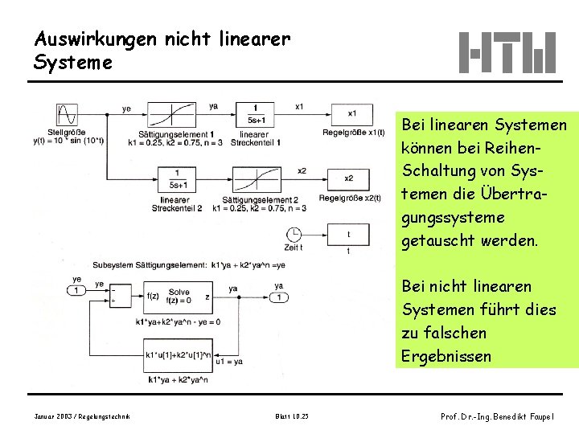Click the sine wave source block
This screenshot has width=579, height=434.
pos(67,114)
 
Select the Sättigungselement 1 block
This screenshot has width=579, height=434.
pos(175,114)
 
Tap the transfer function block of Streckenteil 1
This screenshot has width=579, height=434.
pos(255,114)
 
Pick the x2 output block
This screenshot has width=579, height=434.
pos(348,178)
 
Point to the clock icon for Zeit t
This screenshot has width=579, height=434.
pos(294,234)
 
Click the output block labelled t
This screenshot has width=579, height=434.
pos(348,234)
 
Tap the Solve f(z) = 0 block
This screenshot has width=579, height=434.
pos(179,297)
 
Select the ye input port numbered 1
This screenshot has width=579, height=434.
pos(76,290)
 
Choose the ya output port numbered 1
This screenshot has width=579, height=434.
pos(278,297)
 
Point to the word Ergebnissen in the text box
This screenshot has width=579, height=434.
pos(446,355)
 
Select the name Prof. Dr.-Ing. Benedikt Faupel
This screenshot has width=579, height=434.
pos(497,416)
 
